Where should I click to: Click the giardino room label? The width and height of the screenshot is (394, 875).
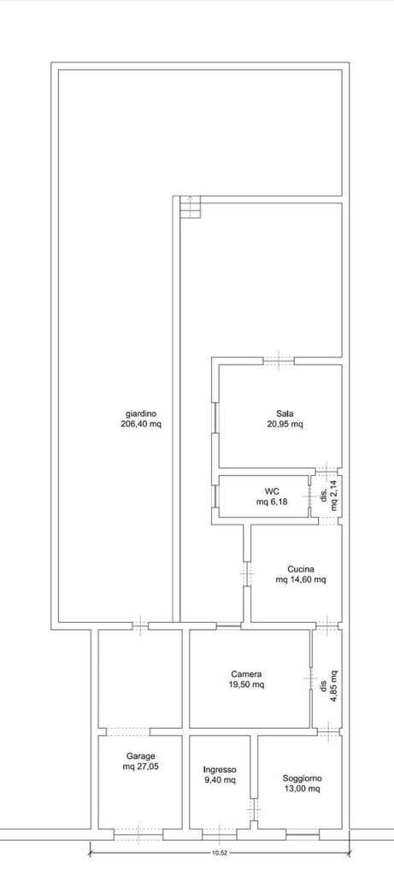141,414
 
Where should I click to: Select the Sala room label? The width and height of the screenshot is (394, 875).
285,414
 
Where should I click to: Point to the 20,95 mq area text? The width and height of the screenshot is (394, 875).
285,424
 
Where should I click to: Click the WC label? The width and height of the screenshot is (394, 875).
272,491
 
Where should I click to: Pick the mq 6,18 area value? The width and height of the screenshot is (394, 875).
272,502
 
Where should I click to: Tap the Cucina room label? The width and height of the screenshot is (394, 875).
301,570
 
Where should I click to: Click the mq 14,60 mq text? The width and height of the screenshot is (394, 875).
301,580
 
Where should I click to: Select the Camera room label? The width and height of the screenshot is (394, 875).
246,674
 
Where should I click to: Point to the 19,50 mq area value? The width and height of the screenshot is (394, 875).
246,684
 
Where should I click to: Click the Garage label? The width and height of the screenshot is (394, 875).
141,757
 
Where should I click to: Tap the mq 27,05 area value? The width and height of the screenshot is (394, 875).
141,766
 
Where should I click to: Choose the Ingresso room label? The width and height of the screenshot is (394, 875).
220,769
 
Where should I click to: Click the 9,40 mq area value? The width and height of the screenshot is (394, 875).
220,779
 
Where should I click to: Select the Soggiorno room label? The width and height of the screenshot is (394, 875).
302,778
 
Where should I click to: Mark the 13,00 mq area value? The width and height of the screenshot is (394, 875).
302,789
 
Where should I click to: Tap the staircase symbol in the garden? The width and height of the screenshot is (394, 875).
190,207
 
